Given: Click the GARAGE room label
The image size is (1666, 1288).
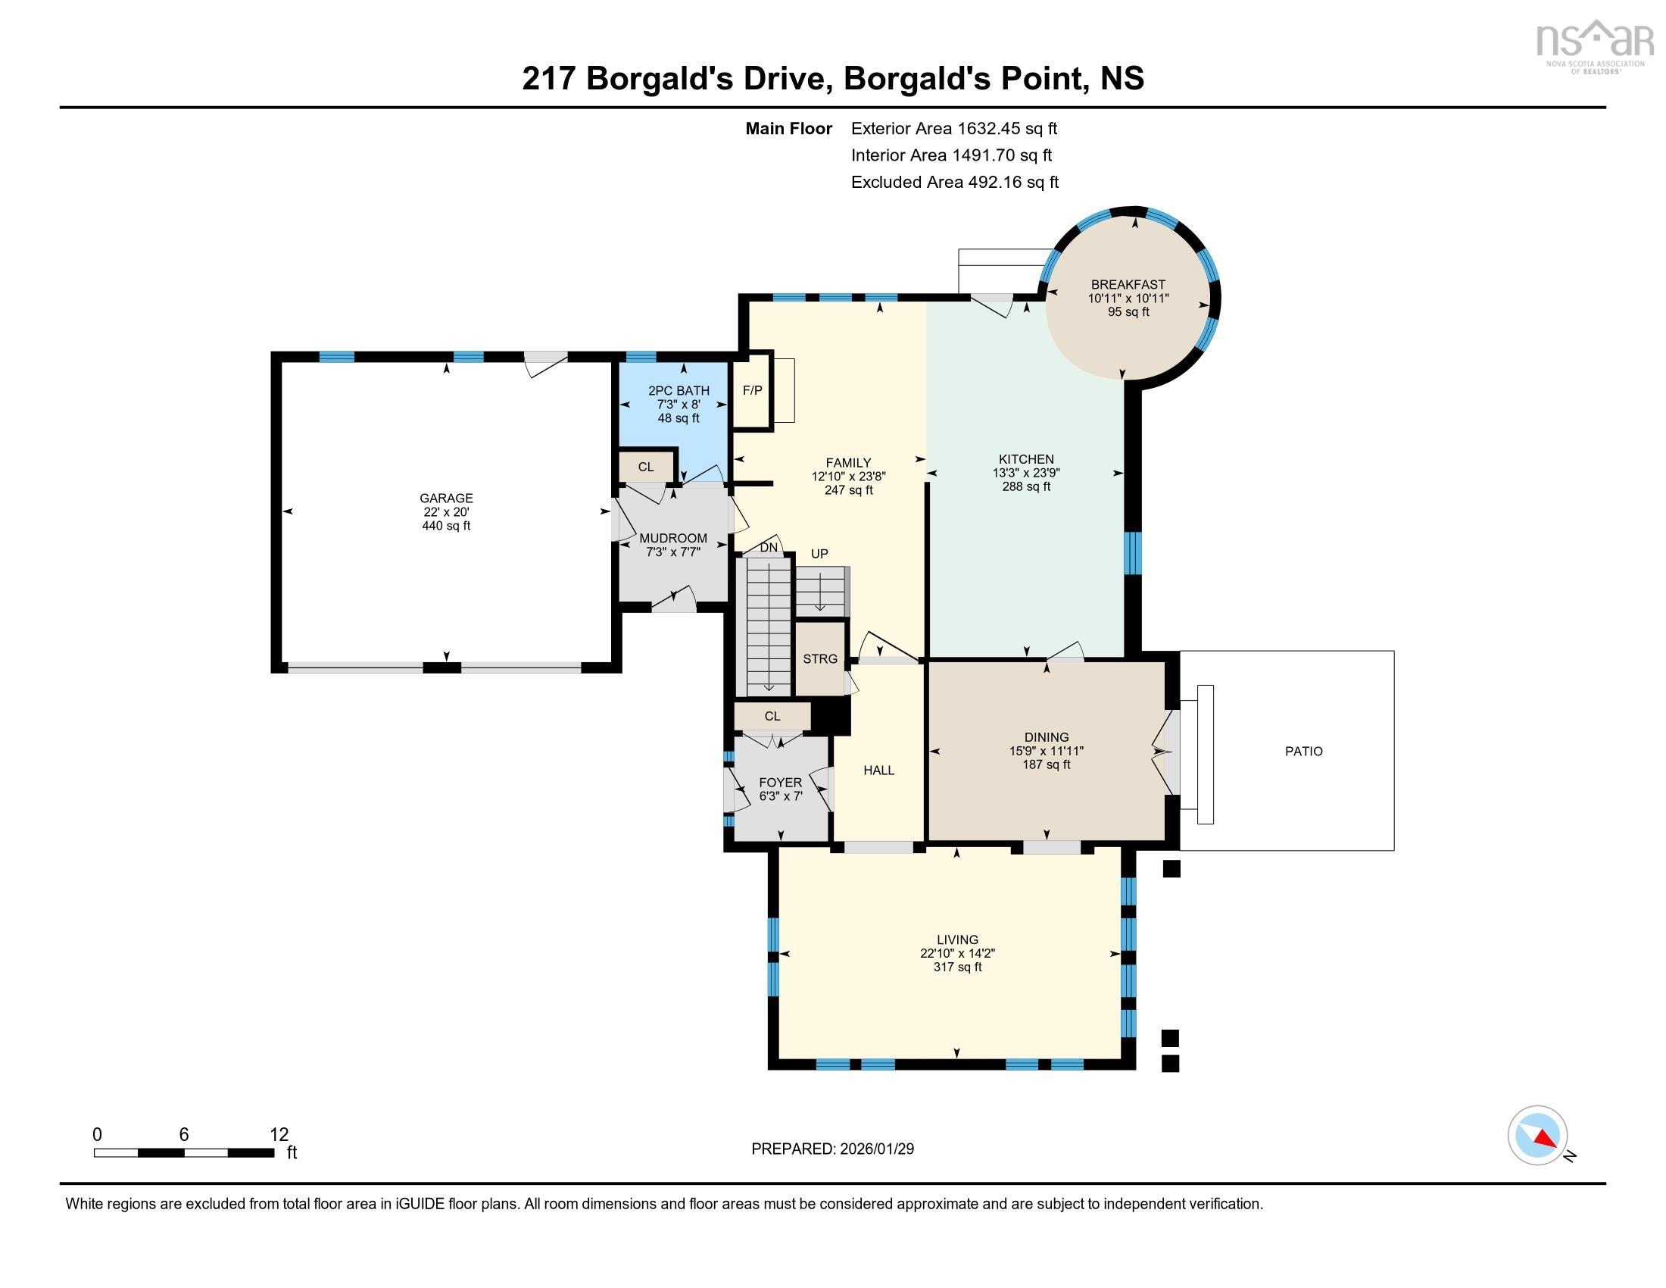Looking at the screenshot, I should point(446,499).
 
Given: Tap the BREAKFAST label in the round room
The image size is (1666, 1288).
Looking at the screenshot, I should point(1128,285).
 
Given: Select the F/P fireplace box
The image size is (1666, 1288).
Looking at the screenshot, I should point(752,391).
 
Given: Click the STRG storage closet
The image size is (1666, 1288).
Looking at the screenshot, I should point(820,658).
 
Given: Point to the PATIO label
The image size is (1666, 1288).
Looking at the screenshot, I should point(1303,752).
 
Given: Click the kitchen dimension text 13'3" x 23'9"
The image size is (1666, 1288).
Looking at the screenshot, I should point(1026,473).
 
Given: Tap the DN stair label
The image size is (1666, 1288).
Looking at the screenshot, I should point(769,548).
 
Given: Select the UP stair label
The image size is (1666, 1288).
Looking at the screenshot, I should point(819,554).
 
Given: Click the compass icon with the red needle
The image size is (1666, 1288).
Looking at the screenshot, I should point(1537,1135).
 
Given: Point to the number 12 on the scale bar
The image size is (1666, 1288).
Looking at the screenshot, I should point(279,1134).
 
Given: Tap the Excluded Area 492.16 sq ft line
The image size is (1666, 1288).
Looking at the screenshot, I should point(954,183).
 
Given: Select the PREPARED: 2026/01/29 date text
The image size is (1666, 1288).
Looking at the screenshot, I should point(832,1149).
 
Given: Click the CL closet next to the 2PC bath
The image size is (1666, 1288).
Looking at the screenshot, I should point(646,467).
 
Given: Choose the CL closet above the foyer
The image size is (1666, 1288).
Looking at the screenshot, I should point(772,716).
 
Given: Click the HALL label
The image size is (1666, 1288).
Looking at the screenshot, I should point(878,771).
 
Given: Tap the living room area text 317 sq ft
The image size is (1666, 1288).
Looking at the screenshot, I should point(957,967).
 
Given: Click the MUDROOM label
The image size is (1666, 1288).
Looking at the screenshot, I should point(672,538).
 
